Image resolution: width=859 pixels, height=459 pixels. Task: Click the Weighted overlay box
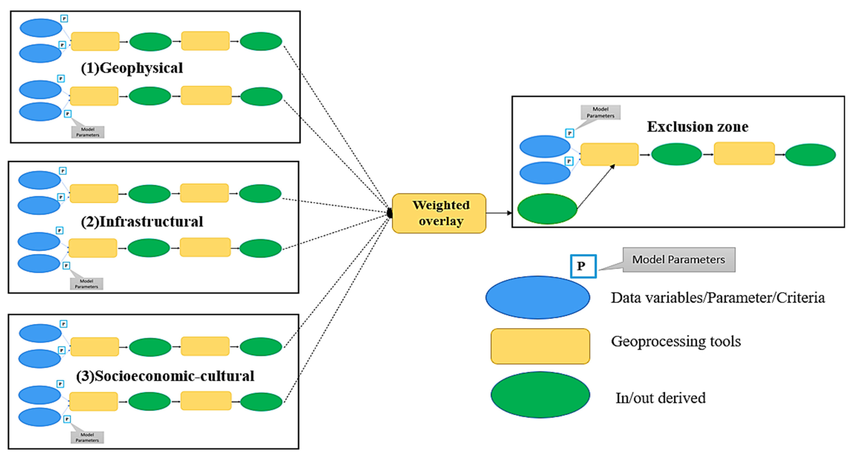(x=439, y=213)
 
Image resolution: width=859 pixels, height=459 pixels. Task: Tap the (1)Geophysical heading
(x=132, y=68)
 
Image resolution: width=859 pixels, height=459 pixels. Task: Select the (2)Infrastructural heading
(x=142, y=222)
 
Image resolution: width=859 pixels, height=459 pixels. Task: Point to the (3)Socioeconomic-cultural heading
(x=165, y=376)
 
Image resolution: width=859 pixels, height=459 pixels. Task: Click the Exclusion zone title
(x=698, y=126)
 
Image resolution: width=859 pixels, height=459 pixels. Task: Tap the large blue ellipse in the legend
(x=538, y=297)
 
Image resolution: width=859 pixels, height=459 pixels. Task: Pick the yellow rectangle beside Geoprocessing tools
(x=540, y=346)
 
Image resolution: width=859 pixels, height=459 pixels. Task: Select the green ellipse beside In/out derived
(x=540, y=395)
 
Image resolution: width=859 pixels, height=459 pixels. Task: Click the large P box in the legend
(x=583, y=266)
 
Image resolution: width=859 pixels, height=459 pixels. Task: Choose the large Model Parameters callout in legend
(x=679, y=260)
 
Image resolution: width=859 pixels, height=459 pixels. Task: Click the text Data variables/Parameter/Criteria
(x=718, y=298)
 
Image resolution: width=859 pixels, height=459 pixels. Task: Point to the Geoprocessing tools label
(x=676, y=342)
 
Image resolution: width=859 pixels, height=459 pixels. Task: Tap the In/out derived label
(x=661, y=398)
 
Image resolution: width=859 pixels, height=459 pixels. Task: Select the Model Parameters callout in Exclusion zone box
(x=600, y=113)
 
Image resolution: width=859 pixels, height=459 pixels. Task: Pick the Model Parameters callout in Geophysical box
(x=88, y=132)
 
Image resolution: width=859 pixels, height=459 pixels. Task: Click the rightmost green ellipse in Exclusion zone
(x=810, y=155)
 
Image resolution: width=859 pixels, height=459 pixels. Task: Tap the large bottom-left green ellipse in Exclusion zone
(x=547, y=209)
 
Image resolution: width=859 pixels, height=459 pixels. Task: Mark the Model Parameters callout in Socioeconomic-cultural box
(x=87, y=437)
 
